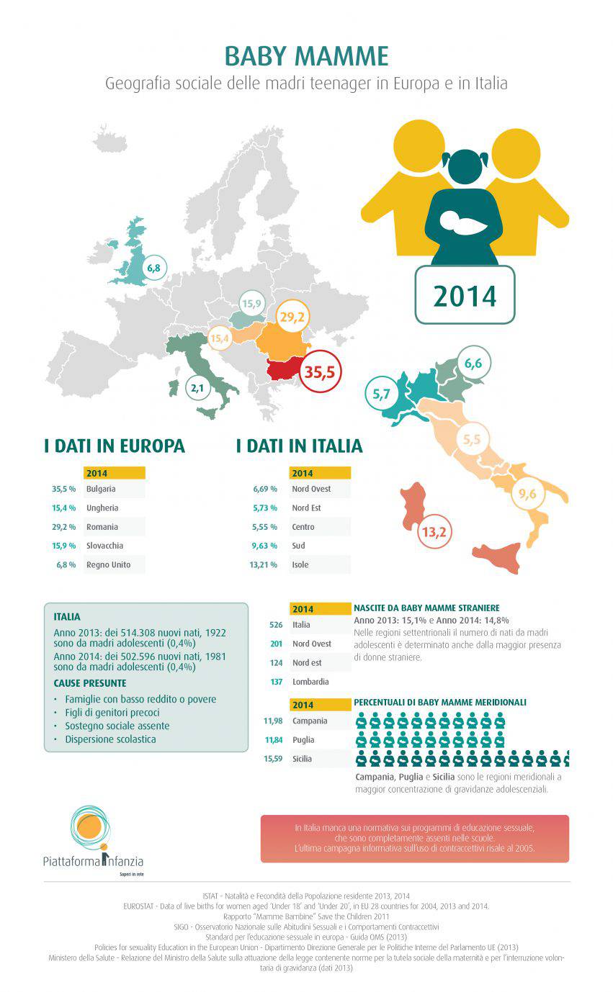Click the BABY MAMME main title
coord(306,56)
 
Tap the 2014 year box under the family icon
coord(465,294)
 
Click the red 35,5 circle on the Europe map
coord(320,372)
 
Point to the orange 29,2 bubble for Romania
coord(292,316)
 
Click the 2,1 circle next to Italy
coord(197,389)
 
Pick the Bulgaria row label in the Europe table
coord(102,489)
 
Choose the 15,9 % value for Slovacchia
coord(63,546)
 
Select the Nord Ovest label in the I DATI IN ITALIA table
coord(311,489)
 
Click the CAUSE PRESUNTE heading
coord(90,682)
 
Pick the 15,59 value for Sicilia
coord(274,759)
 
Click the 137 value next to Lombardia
coord(276,681)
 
